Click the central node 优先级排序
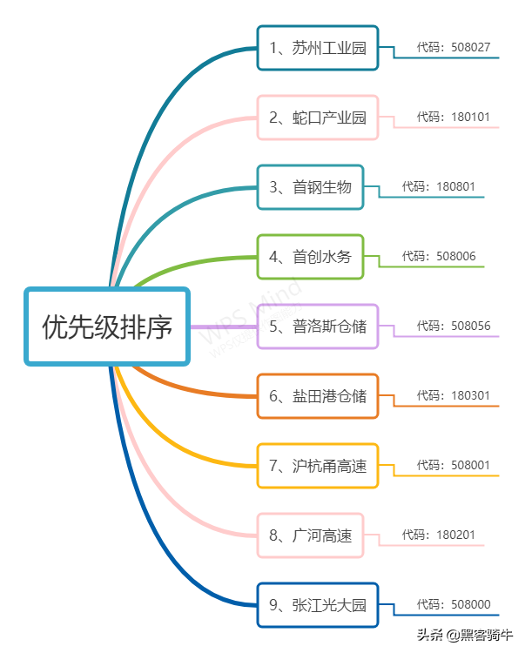[x=107, y=326]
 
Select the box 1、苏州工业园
[x=318, y=48]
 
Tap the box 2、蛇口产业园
[x=318, y=118]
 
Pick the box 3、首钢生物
[x=310, y=187]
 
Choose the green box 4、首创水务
[x=310, y=257]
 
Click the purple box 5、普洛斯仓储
[x=318, y=326]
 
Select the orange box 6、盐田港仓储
[x=318, y=396]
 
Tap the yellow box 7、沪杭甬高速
[x=318, y=466]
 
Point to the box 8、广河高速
[x=310, y=535]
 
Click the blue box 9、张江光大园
[x=318, y=605]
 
